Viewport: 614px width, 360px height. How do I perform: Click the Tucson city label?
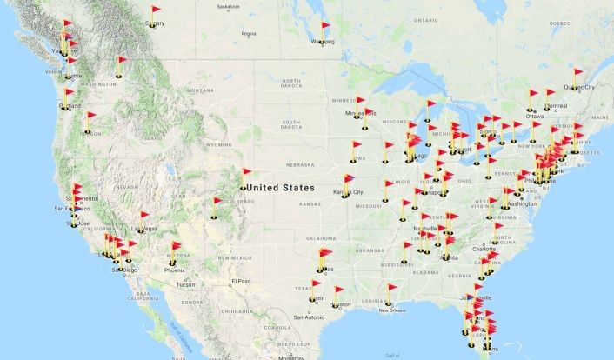[x=184, y=284]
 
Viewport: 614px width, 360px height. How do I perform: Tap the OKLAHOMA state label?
[x=321, y=237]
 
